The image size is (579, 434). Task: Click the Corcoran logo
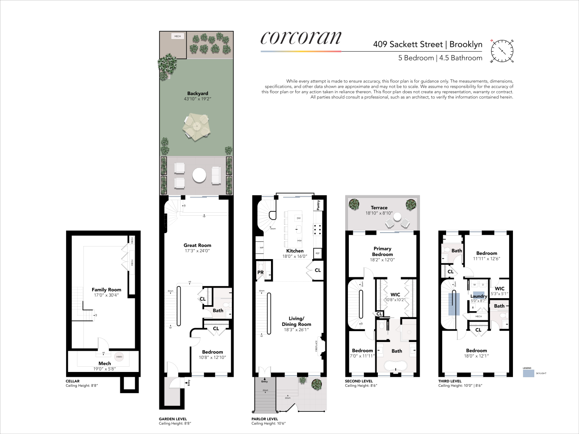[301, 38]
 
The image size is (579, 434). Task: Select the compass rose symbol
[502, 50]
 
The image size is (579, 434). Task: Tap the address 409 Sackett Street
[407, 44]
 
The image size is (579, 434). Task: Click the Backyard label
[198, 93]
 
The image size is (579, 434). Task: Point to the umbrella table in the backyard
[196, 127]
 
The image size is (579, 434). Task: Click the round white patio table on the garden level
[199, 176]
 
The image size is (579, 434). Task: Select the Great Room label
[197, 245]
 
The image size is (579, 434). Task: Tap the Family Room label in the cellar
[106, 289]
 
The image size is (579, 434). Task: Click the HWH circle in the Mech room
[119, 357]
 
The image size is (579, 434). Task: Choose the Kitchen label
[295, 251]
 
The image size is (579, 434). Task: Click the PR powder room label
[261, 273]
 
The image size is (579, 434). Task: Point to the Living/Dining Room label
[296, 321]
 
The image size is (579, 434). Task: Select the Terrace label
[379, 208]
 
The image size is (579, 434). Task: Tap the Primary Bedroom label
[382, 252]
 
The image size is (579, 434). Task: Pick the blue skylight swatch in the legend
[528, 373]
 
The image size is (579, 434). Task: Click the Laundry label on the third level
[479, 296]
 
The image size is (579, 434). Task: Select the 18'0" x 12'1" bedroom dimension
[476, 356]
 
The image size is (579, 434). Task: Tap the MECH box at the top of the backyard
[178, 36]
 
